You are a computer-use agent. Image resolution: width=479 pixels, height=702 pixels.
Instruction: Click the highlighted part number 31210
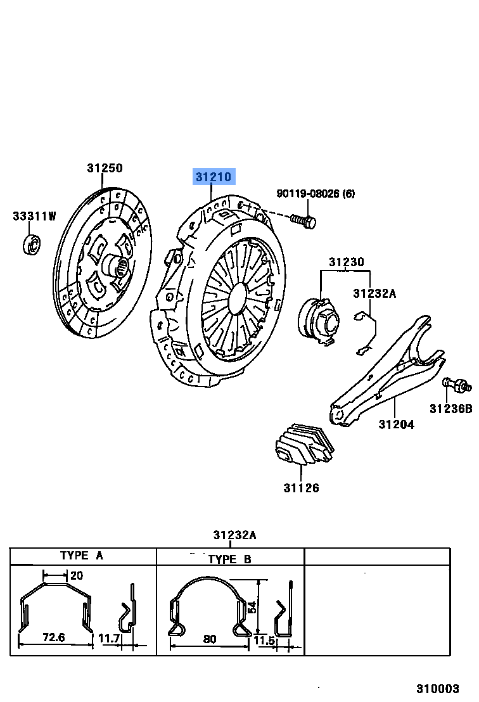tap(214, 177)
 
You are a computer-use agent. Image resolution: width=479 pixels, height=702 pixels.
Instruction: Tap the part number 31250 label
tap(105, 168)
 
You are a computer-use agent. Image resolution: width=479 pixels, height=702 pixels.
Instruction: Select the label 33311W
tap(34, 217)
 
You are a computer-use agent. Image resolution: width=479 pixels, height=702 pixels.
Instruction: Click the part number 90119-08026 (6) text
tap(315, 194)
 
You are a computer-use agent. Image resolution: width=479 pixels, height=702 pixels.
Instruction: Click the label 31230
tap(346, 262)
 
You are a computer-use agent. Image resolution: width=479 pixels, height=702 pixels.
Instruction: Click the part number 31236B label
tap(450, 409)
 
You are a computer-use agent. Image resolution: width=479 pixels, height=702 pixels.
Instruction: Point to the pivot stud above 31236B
tap(456, 384)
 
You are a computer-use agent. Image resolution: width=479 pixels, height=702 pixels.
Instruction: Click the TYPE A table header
tap(82, 556)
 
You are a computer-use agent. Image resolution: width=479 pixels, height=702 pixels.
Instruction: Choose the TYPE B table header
tap(229, 559)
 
